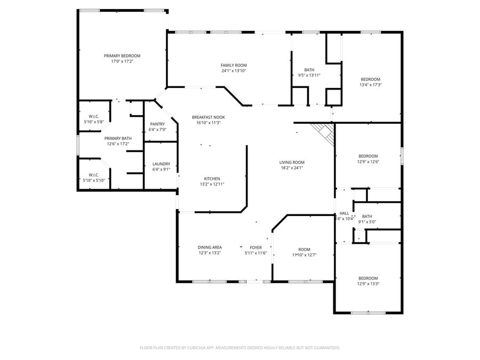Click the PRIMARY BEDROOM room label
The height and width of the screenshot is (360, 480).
coord(122,56)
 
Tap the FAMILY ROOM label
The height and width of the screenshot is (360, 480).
coord(234,65)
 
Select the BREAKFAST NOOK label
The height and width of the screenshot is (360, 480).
coord(208,117)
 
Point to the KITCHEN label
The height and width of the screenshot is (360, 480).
coord(212,179)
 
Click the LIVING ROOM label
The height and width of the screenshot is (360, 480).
coord(292,162)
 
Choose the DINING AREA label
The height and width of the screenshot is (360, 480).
coord(210,247)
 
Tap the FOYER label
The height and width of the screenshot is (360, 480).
coord(256,247)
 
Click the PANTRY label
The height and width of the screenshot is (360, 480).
coord(157,124)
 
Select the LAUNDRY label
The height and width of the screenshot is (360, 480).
coord(161,164)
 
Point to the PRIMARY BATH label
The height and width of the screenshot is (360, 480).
coord(117,138)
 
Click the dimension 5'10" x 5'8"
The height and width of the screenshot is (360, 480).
coord(93,122)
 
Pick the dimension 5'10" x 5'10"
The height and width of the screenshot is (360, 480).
coord(94,180)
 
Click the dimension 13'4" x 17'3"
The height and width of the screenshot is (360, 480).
coord(370,85)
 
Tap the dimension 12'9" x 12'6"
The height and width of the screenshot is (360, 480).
coord(368,162)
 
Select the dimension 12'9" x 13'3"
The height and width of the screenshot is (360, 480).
coord(368,284)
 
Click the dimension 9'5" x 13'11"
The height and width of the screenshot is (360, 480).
coord(309,76)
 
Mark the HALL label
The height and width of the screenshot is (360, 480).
coord(344,213)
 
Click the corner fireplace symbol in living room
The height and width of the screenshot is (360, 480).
coord(325,132)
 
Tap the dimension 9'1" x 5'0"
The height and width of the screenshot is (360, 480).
coord(367,222)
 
